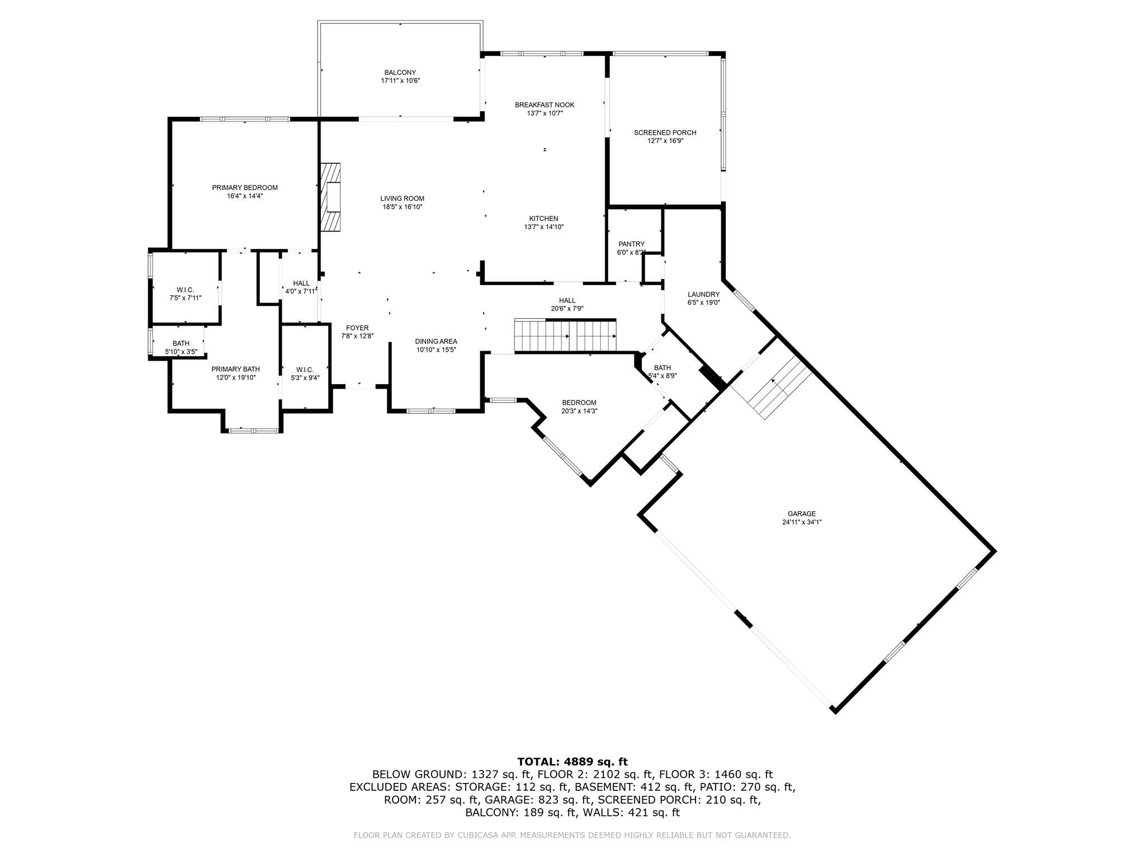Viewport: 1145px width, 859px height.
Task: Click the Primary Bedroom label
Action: click(245, 187)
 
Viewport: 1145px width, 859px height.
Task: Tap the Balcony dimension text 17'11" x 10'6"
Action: click(400, 81)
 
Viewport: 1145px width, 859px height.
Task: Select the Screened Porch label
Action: click(665, 133)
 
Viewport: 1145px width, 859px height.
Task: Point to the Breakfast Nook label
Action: click(545, 105)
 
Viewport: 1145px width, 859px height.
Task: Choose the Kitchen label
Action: click(544, 219)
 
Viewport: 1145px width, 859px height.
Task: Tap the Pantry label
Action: click(632, 244)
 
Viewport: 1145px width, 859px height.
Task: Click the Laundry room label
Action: click(703, 294)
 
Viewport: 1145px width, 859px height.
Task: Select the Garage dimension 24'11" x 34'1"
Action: click(802, 522)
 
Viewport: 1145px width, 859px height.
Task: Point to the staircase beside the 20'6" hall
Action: click(565, 336)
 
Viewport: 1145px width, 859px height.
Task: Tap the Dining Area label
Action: click(436, 342)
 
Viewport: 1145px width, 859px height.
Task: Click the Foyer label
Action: click(357, 328)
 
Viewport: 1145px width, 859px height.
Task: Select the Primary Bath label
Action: click(235, 369)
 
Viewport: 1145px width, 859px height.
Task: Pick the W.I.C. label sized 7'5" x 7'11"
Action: click(185, 290)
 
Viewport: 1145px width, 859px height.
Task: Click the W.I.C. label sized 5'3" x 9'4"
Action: click(305, 370)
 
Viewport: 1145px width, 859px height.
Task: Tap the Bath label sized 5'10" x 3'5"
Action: click(181, 343)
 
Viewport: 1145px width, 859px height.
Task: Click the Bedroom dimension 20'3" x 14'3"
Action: click(579, 411)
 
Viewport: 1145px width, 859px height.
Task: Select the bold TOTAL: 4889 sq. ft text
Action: click(572, 761)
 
